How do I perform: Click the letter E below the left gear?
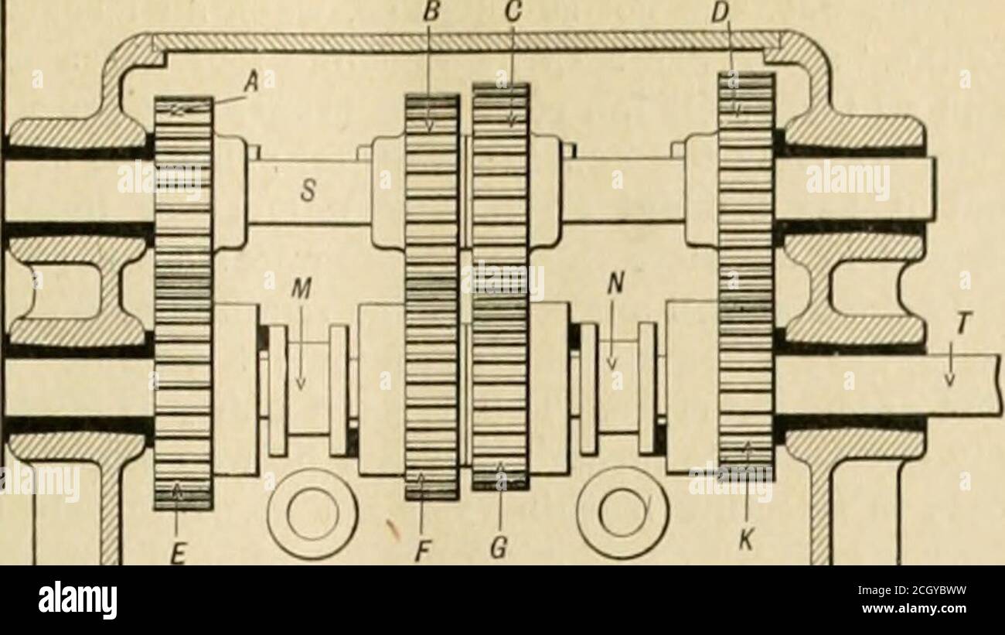pos(178,555)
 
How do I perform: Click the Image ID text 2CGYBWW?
pos(912,590)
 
